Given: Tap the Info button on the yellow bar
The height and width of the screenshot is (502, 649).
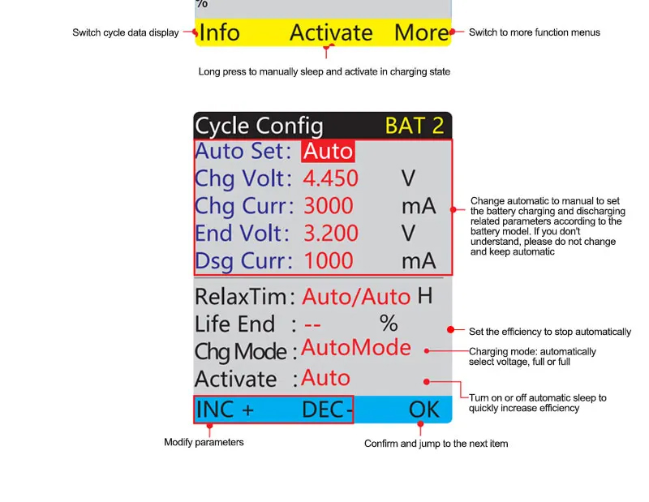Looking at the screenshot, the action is [219, 32].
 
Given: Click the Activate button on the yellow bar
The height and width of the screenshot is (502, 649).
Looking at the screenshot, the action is [331, 32].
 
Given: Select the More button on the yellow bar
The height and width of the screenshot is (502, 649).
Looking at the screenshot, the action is [421, 32].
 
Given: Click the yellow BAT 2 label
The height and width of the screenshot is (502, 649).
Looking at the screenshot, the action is [415, 126].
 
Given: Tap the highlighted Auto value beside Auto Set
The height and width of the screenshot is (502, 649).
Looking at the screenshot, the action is [328, 151].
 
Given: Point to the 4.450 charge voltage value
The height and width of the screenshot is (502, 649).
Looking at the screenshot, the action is [331, 178].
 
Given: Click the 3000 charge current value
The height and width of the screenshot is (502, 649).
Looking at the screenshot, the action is [329, 206].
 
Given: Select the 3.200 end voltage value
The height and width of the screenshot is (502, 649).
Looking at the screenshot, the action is [331, 233].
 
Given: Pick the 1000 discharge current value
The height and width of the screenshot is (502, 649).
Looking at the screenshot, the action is [329, 260].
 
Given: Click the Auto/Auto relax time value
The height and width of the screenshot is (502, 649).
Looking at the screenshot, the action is [356, 297].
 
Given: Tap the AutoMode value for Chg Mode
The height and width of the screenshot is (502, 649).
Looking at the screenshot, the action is [356, 348].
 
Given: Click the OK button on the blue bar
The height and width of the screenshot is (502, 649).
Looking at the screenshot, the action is [423, 410].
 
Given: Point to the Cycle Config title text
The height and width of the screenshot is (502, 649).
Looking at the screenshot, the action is [259, 127].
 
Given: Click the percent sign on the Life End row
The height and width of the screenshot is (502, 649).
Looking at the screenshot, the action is [389, 324].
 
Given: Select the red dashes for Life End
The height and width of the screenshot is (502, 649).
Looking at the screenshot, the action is [312, 325].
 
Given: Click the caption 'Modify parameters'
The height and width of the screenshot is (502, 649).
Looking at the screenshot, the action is [204, 443].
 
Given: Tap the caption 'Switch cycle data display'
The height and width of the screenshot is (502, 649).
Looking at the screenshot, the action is [126, 32].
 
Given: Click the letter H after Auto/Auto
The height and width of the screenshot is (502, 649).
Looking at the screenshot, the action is [424, 296].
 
